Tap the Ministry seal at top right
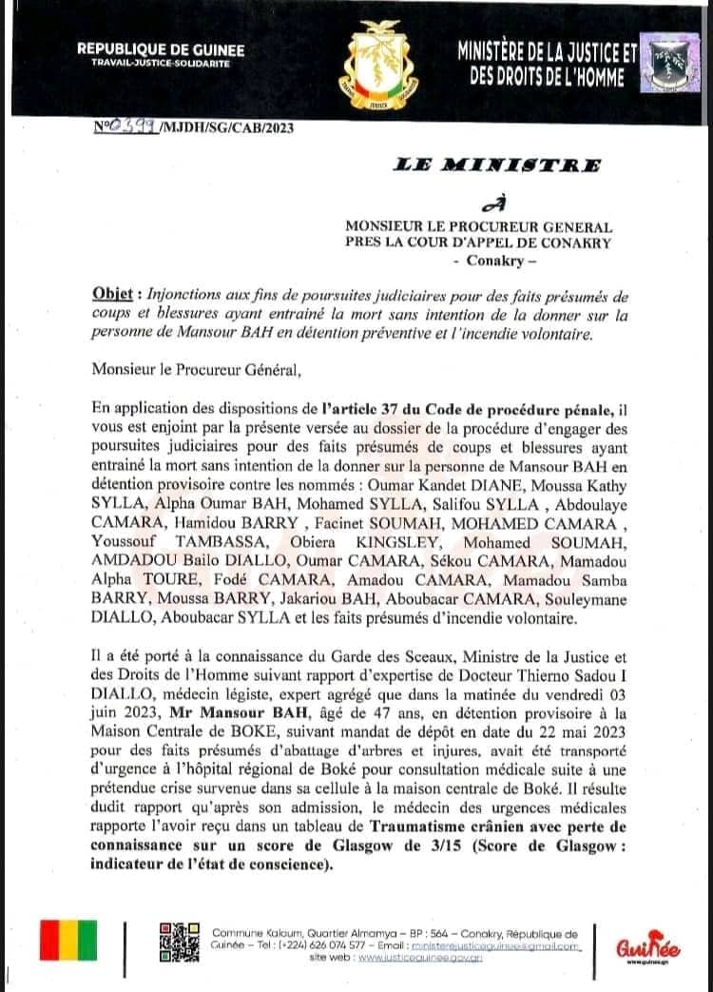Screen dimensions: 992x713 point(669,63)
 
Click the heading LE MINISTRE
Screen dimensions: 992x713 point(496,165)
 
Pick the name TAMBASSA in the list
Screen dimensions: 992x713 point(215,515)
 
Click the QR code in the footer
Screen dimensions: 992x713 point(178,942)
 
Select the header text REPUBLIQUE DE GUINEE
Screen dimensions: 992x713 point(161,49)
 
